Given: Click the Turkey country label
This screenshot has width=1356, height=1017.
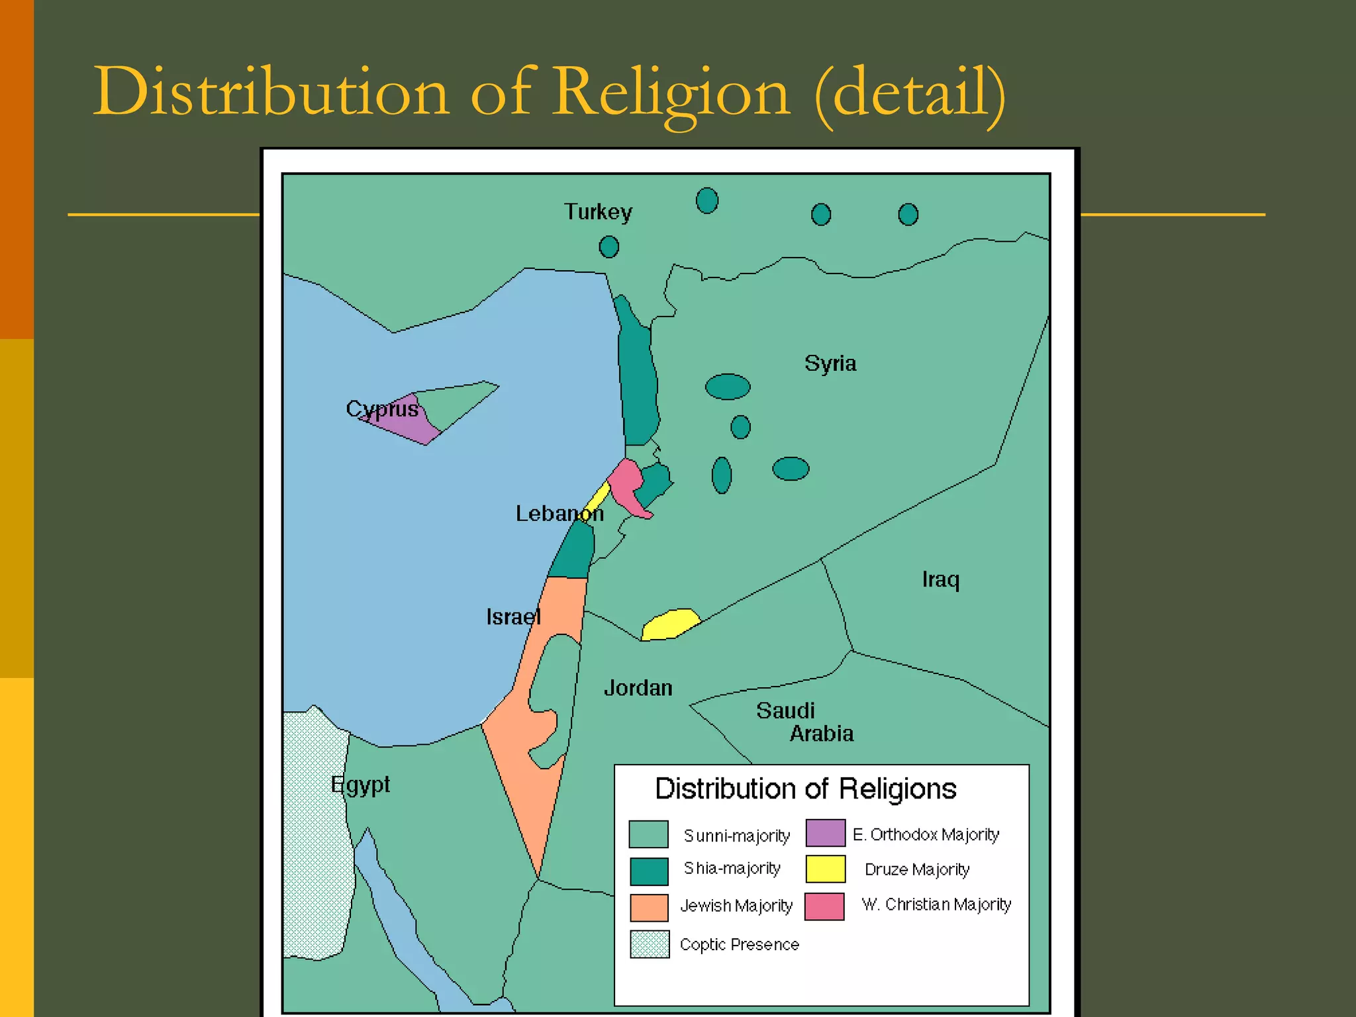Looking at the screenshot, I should [x=598, y=212].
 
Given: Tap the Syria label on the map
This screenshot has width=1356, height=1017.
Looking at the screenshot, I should [x=830, y=363].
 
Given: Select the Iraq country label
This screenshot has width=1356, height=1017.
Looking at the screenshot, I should [x=940, y=579].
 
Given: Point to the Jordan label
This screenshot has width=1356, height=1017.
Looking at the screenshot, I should [x=638, y=688].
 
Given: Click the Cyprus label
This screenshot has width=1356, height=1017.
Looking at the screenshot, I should [x=382, y=409].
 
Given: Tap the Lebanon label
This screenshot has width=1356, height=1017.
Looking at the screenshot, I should [x=559, y=513].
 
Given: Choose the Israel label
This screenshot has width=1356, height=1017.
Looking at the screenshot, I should [x=513, y=616].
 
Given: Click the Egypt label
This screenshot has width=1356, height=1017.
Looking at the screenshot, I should [x=360, y=785].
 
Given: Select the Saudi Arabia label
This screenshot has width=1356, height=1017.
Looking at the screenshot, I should [x=804, y=722].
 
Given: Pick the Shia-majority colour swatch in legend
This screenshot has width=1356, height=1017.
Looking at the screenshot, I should [x=649, y=871].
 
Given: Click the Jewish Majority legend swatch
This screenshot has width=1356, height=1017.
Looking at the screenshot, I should [x=649, y=907].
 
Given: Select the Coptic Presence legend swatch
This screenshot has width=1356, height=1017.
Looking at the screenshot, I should [x=650, y=944].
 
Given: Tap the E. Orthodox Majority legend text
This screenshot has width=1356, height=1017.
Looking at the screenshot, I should [x=926, y=834].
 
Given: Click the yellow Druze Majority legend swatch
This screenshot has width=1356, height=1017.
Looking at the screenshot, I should [x=825, y=869].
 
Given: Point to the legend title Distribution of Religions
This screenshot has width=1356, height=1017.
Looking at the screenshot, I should [x=805, y=789].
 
